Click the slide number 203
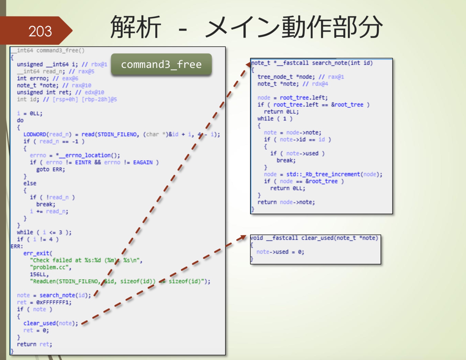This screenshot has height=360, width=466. click(x=40, y=31)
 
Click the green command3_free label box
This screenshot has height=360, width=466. click(x=161, y=64)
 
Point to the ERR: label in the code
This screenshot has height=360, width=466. click(x=17, y=246)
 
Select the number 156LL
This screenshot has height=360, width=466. click(x=39, y=274)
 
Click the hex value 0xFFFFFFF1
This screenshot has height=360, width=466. click(x=54, y=302)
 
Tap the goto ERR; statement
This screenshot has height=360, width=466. click(x=50, y=169)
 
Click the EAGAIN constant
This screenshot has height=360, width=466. click(x=143, y=162)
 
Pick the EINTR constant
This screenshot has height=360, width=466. click(x=83, y=162)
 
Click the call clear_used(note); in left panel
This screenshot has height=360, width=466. click(x=50, y=323)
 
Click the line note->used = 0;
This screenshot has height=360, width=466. click(x=280, y=252)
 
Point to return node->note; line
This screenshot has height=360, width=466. click(x=286, y=202)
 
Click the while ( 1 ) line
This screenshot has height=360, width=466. click(x=275, y=119)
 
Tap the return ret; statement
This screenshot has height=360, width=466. click(x=35, y=344)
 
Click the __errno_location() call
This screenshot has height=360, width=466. click(x=89, y=155)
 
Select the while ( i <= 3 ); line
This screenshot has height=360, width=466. click(x=44, y=232)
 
